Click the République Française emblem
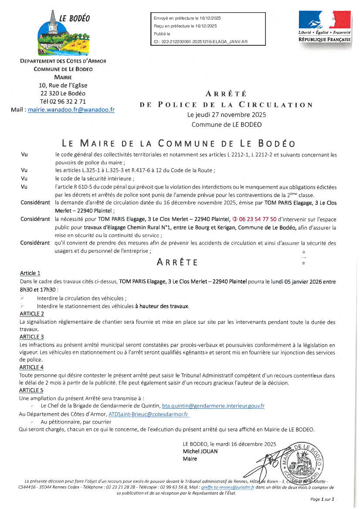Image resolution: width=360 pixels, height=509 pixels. click(324, 26)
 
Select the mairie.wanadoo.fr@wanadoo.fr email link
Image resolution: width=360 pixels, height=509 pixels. click(71, 110)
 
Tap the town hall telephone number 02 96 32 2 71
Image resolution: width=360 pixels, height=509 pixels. click(63, 102)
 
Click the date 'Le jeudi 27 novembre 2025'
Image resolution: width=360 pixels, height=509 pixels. click(226, 115)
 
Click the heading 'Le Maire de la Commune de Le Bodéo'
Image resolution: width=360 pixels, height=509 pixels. click(179, 143)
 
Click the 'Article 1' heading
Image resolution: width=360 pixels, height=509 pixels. click(30, 273)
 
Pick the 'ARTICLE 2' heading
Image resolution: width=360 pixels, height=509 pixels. click(32, 313)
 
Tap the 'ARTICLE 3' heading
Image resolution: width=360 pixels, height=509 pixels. click(32, 337)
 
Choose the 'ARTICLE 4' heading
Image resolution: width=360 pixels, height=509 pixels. click(32, 367)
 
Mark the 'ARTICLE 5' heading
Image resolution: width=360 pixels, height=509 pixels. click(32, 390)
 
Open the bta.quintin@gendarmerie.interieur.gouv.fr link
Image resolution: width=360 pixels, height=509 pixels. click(213, 406)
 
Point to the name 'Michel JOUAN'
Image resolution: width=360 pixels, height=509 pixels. click(200, 451)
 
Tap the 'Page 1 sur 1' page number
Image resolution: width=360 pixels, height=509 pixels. click(322, 499)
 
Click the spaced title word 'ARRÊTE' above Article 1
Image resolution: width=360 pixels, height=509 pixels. click(177, 262)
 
